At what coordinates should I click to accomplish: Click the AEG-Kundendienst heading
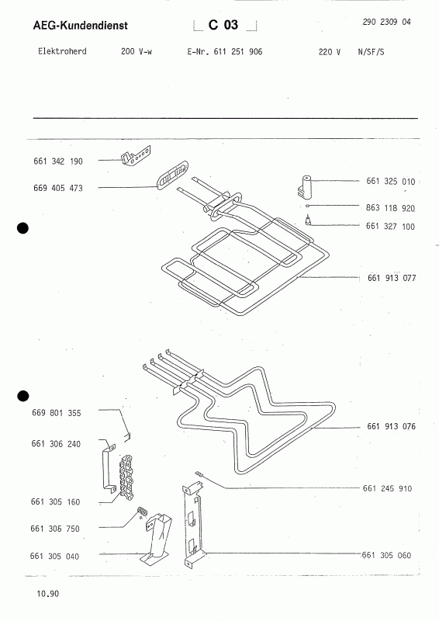[x=81, y=26]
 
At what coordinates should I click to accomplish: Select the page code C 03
[x=223, y=25]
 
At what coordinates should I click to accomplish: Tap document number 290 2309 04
[x=386, y=23]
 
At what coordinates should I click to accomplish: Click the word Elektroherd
[x=62, y=51]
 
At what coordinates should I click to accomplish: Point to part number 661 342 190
[x=58, y=161]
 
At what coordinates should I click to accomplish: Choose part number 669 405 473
[x=58, y=188]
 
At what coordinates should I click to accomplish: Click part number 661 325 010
[x=391, y=182]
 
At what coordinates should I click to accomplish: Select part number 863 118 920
[x=390, y=208]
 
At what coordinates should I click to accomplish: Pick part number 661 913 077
[x=392, y=278]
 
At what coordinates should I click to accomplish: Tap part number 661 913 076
[x=392, y=426]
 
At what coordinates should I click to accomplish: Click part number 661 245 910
[x=388, y=489]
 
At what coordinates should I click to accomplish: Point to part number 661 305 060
[x=387, y=555]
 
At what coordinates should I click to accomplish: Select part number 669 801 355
[x=56, y=413]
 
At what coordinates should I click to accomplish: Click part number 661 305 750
[x=55, y=529]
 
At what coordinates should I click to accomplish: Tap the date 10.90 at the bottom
[x=47, y=594]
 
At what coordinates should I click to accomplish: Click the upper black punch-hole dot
[x=23, y=228]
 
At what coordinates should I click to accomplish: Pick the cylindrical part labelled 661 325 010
[x=304, y=186]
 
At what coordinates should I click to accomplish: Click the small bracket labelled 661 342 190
[x=136, y=156]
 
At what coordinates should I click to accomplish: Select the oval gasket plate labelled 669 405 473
[x=172, y=175]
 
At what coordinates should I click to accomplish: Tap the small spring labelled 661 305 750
[x=142, y=512]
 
